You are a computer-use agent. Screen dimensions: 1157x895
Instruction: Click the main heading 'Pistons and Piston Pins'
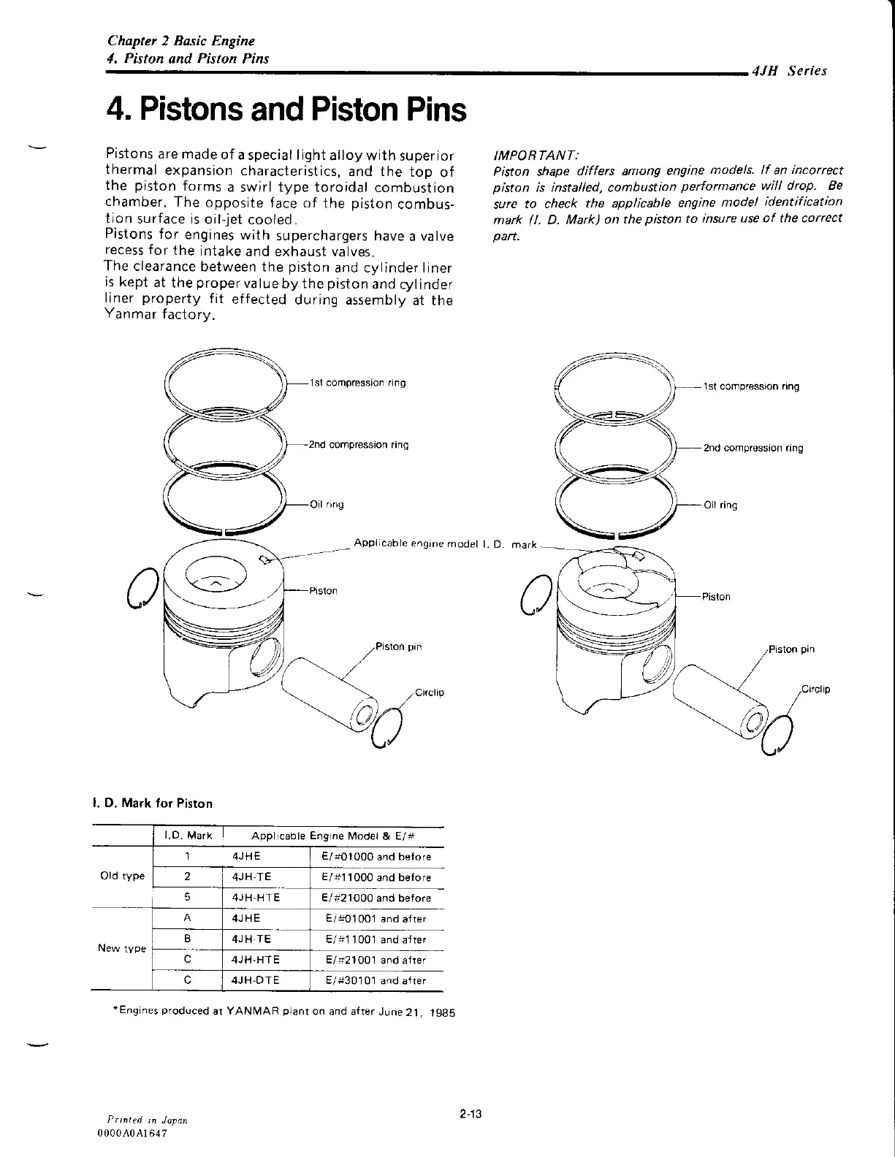pos(286,110)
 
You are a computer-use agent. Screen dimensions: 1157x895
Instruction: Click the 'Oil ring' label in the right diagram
pos(720,505)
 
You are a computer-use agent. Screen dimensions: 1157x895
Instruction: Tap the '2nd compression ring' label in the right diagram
pos(753,448)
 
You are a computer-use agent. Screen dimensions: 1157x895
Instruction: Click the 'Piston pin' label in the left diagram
pos(398,646)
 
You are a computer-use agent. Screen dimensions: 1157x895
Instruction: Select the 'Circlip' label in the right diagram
pos(816,689)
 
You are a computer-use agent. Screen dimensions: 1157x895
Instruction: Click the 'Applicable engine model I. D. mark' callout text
pos(446,543)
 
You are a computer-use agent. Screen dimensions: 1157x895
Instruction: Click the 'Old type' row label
pos(122,877)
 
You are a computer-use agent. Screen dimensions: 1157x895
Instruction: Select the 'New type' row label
pos(122,948)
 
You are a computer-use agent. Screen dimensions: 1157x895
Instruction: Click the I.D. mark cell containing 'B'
pos(188,939)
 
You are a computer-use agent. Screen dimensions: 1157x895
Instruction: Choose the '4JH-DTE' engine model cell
pos(255,980)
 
